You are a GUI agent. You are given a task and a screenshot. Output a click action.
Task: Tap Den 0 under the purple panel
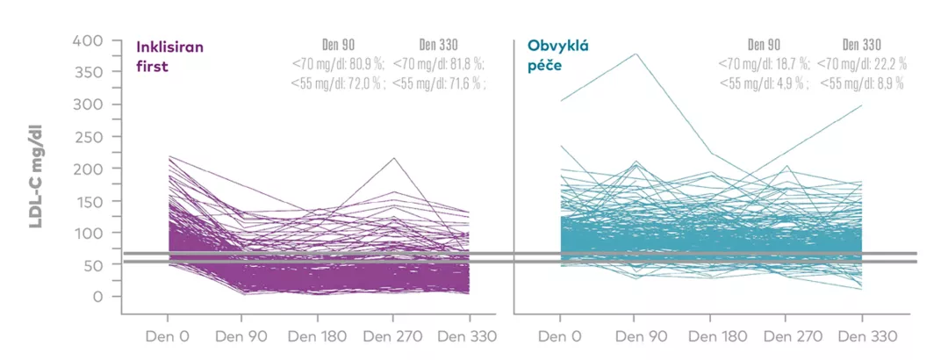click(x=169, y=335)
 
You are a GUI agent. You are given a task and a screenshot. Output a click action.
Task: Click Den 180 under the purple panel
click(x=319, y=335)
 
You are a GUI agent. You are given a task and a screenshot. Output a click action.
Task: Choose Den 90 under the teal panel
click(x=636, y=335)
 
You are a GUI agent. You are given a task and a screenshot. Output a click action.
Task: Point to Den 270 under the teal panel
click(x=786, y=335)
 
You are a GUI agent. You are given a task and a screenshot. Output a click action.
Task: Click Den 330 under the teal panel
click(x=862, y=335)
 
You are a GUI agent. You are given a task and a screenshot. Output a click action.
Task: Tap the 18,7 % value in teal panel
click(x=789, y=63)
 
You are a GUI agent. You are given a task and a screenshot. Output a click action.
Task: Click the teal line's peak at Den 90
click(x=636, y=54)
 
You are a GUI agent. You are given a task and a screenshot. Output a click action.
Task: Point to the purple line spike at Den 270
click(x=394, y=158)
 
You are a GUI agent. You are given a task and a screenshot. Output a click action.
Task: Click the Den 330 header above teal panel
click(x=862, y=44)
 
